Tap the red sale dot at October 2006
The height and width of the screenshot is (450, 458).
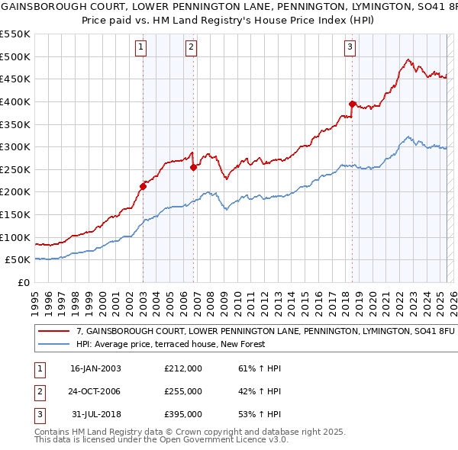point(193,167)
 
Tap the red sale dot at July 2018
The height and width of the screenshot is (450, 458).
point(352,104)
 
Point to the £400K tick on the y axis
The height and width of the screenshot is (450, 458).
point(15,101)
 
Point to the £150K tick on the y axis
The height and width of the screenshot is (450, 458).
point(15,214)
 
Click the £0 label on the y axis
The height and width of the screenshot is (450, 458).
point(24,282)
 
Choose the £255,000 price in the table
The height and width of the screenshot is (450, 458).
point(183,391)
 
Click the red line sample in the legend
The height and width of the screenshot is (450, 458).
point(53,333)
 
